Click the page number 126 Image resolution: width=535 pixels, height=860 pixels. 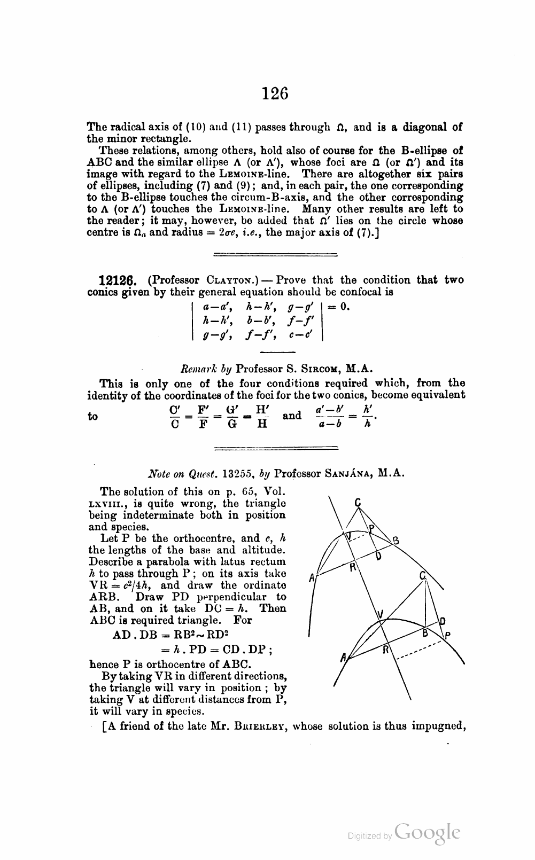coord(275,93)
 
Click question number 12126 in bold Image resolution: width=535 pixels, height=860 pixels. coord(121,280)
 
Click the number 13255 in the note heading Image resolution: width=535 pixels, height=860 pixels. coord(238,473)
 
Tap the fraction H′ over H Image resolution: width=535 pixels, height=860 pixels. coord(261,416)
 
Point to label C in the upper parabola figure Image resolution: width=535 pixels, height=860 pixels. coord(358,502)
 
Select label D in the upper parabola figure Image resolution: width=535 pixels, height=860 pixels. coord(378,556)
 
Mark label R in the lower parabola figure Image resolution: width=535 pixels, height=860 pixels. coord(385,650)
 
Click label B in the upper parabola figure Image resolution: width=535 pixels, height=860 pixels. coord(396,540)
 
